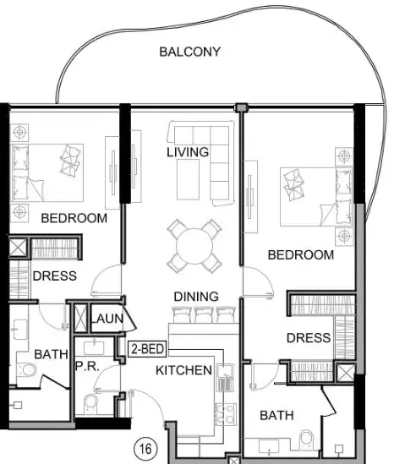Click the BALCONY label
click(189, 52)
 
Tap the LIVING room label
click(188, 152)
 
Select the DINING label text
click(196, 297)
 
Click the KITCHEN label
click(183, 370)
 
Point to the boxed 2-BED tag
click(147, 349)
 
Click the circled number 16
click(145, 449)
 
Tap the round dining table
click(194, 246)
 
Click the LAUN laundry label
click(107, 319)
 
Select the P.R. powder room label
click(87, 366)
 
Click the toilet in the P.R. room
click(90, 404)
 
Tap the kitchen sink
click(225, 377)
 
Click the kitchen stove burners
click(225, 415)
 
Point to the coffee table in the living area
click(188, 180)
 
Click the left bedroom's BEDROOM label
click(74, 218)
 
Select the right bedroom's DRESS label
click(309, 338)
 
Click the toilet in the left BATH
click(27, 370)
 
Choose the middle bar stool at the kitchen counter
click(204, 315)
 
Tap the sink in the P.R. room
click(94, 348)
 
